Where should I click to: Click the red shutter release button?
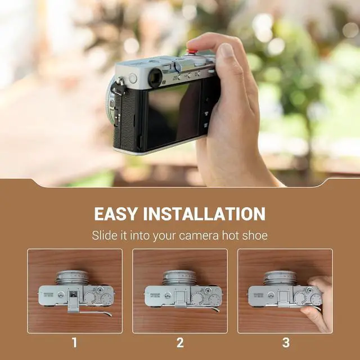click(x=192, y=51)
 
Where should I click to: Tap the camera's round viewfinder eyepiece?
click(x=155, y=78)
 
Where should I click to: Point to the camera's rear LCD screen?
click(x=174, y=116)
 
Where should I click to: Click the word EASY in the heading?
click(x=116, y=214)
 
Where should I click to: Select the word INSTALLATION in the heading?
click(x=204, y=214)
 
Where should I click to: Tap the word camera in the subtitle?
click(x=199, y=236)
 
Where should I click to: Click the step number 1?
click(x=74, y=343)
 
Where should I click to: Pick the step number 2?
click(x=180, y=343)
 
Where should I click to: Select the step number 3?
click(x=286, y=343)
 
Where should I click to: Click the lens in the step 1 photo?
click(x=73, y=278)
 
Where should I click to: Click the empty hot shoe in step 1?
click(x=74, y=294)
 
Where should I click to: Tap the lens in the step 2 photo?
click(x=179, y=278)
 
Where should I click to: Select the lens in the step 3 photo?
click(x=281, y=278)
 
